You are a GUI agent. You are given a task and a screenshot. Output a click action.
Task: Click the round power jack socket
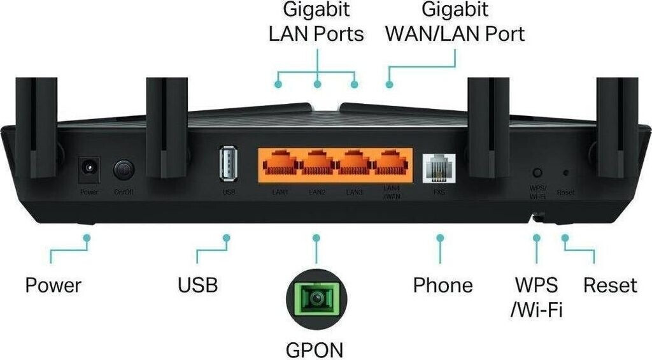coord(87,169)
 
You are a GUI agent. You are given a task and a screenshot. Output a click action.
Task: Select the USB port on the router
coord(227,165)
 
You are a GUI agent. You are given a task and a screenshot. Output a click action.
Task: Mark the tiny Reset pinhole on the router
coord(565,173)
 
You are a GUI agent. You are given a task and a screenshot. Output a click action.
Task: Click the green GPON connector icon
coord(316,298)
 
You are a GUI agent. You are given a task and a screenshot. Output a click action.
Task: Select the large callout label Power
coord(53,285)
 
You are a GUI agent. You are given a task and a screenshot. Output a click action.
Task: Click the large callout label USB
coord(198,285)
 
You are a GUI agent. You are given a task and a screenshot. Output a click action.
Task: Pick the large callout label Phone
coord(443,285)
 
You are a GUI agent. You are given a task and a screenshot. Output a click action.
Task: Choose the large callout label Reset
coord(610,285)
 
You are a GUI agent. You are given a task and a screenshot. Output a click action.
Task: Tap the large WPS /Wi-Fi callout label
coord(536,297)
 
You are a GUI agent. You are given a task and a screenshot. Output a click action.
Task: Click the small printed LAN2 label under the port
coord(317,192)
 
